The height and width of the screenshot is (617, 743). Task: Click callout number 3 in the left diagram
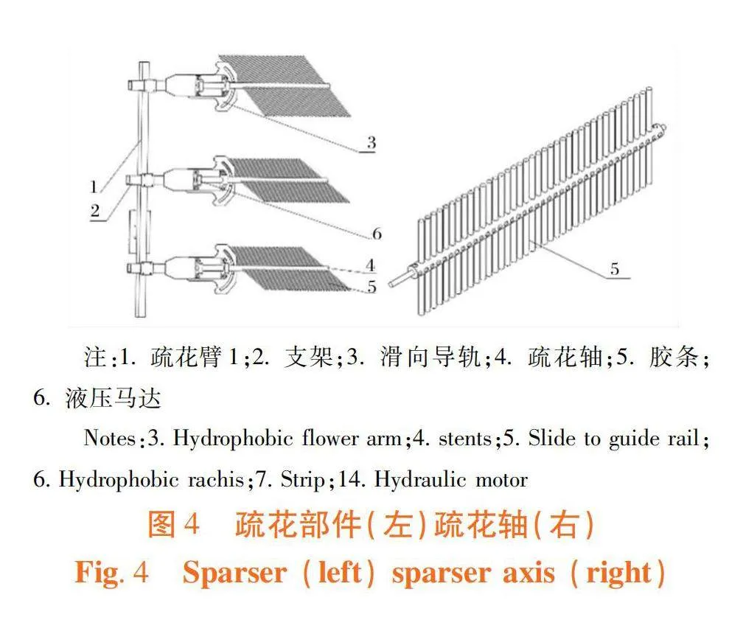pyautogui.click(x=371, y=143)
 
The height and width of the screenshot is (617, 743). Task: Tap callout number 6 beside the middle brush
pyautogui.click(x=377, y=233)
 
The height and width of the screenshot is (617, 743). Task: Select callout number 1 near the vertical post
pyautogui.click(x=94, y=187)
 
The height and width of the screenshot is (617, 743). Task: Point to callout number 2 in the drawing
pyautogui.click(x=95, y=211)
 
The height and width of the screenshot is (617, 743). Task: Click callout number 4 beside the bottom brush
pyautogui.click(x=371, y=265)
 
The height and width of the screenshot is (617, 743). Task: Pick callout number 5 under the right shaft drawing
pyautogui.click(x=615, y=269)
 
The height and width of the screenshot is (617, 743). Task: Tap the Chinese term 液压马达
pyautogui.click(x=114, y=398)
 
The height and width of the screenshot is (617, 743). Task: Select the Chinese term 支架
pyautogui.click(x=308, y=356)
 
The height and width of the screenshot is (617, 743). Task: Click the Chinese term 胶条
pyautogui.click(x=674, y=356)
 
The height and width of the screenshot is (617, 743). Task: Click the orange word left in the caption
pyautogui.click(x=340, y=572)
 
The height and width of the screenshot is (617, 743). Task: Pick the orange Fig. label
pyautogui.click(x=100, y=573)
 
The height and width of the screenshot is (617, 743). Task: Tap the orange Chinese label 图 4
pyautogui.click(x=173, y=525)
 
